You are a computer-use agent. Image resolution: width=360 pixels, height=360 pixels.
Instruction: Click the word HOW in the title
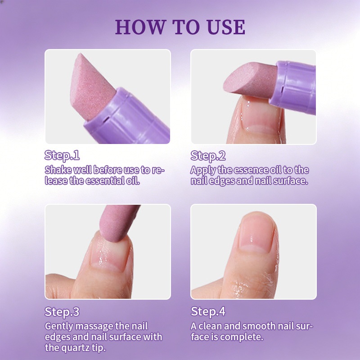(x=140, y=27)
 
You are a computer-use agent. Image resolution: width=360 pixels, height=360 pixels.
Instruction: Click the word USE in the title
(x=226, y=27)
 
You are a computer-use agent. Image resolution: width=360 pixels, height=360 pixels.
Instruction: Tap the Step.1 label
(x=62, y=155)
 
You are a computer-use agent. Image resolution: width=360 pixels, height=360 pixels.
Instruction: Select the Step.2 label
(x=208, y=156)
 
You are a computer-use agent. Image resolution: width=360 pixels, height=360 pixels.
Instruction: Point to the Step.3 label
(x=62, y=312)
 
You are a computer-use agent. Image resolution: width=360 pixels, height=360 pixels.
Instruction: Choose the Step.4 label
(x=208, y=311)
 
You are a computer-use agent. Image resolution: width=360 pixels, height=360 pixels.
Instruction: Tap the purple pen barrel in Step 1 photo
(x=127, y=119)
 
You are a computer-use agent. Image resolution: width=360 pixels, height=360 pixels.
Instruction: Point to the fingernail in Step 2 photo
(x=261, y=115)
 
